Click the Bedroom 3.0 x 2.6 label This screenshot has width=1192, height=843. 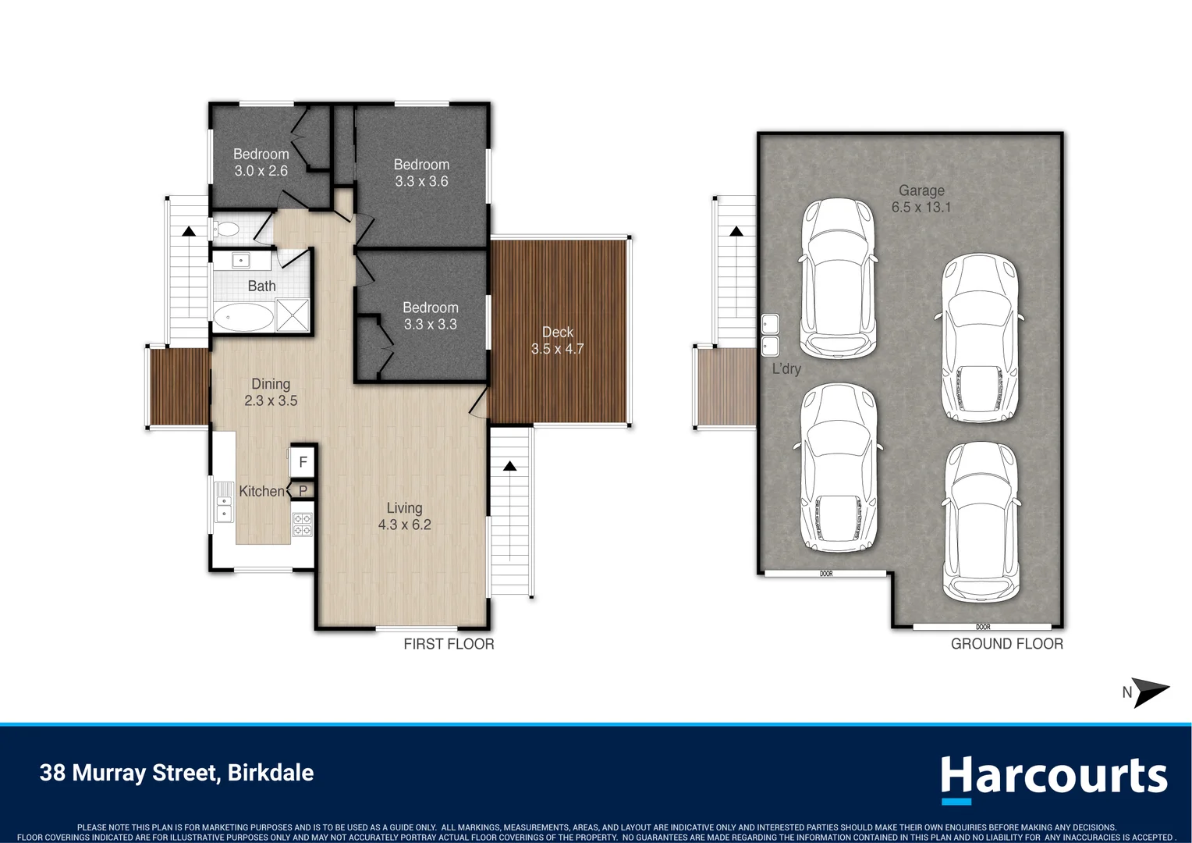coord(261,162)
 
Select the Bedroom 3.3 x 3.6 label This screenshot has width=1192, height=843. coord(421,173)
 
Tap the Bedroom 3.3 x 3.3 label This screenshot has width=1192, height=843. coord(430,316)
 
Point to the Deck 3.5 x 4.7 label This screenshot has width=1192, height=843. coord(557,340)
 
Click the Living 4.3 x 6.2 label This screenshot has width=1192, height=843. coord(404,516)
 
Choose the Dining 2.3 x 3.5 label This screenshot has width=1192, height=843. coord(271,392)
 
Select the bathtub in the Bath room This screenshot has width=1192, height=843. coord(243,317)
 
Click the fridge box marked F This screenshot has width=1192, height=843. coord(303,462)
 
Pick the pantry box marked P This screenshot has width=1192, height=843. coord(303,491)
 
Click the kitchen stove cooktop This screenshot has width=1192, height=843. coord(302,524)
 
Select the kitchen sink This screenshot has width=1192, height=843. coord(224,502)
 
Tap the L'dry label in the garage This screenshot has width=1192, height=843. coord(786,369)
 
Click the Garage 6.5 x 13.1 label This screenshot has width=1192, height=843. coord(921,198)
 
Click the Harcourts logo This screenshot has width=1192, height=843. coord(1053,777)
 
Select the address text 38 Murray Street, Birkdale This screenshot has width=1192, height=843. coord(176,773)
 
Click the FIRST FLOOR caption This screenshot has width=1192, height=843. coord(449,644)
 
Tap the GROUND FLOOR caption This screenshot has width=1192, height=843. coord(1006,644)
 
